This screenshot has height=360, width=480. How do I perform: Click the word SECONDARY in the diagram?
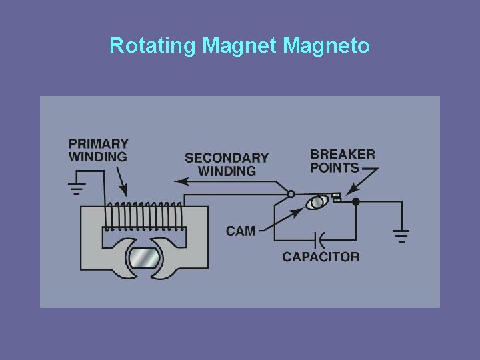click(x=227, y=158)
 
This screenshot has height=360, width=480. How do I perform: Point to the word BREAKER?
click(x=343, y=154)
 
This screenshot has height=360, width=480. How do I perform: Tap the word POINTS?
click(x=335, y=167)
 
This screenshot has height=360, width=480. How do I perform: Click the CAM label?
click(x=240, y=231)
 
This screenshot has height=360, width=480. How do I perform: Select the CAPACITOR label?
click(x=321, y=257)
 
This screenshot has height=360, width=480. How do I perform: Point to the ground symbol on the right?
click(x=401, y=234)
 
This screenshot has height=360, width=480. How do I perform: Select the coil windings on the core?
click(x=144, y=217)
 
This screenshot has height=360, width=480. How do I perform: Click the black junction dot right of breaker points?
click(x=355, y=201)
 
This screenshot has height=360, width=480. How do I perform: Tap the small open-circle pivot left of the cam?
click(x=291, y=195)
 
